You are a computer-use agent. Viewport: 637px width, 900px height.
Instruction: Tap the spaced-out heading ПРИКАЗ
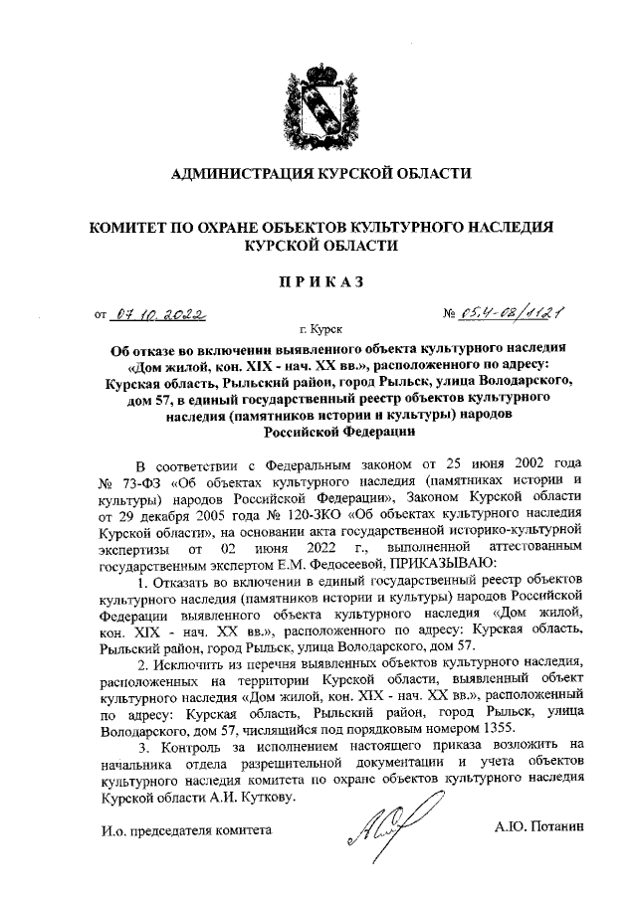[x=319, y=281]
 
